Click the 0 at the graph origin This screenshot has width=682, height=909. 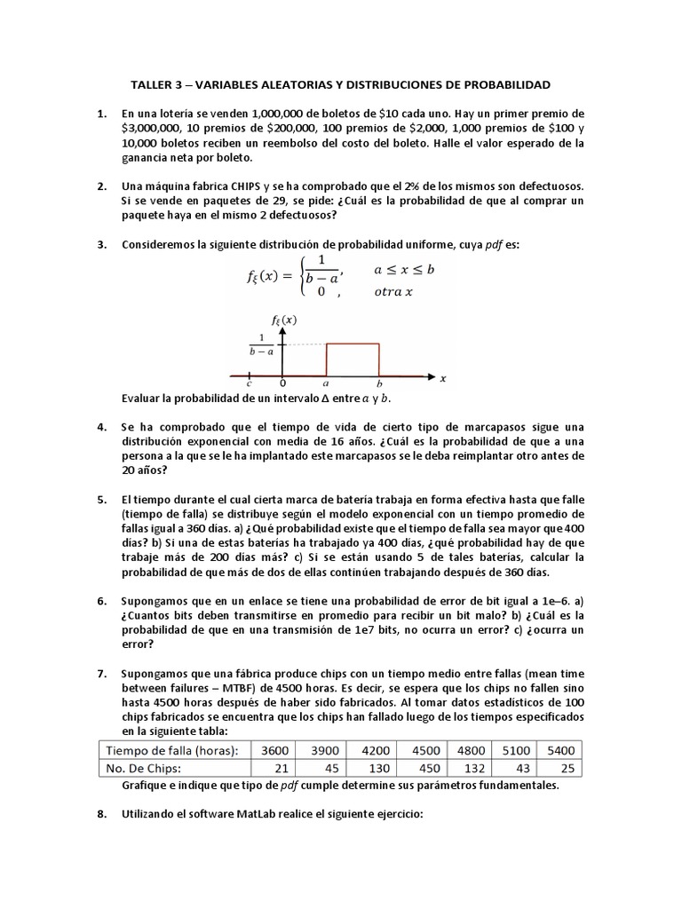[x=282, y=383]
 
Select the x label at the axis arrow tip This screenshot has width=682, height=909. [x=442, y=378]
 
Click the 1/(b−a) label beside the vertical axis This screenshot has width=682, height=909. [x=261, y=344]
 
